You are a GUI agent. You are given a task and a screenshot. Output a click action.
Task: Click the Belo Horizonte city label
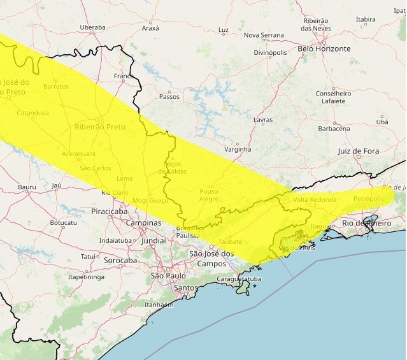click(x=324, y=48)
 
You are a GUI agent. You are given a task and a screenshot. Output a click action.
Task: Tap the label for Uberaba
click(x=92, y=27)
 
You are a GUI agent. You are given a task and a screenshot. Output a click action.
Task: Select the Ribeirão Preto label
click(x=100, y=127)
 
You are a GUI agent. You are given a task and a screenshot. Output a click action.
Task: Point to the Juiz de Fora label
click(x=358, y=151)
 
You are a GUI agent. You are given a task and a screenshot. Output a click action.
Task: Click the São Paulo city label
click(x=168, y=276)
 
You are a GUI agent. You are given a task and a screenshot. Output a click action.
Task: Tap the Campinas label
click(x=143, y=223)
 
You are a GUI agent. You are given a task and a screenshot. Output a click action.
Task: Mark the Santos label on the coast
click(x=186, y=288)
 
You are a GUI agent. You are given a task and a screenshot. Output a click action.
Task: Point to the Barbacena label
click(x=334, y=129)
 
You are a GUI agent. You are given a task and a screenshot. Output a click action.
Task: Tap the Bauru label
click(x=27, y=187)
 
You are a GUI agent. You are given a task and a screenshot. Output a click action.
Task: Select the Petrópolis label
click(x=369, y=199)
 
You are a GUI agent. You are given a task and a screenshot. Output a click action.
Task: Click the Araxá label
click(x=150, y=28)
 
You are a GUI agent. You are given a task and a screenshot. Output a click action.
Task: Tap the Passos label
click(x=169, y=97)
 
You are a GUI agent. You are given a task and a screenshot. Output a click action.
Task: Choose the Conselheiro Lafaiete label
click(x=334, y=97)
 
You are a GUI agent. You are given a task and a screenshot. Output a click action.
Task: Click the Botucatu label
click(x=63, y=223)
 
